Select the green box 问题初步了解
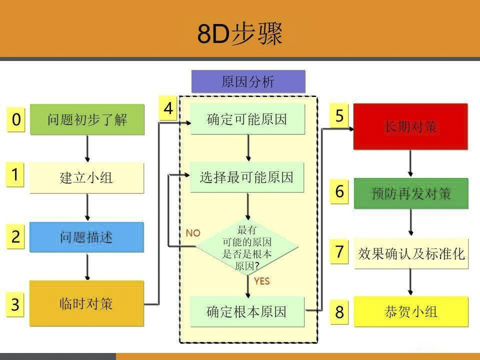click(x=87, y=120)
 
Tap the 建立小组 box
click(x=86, y=178)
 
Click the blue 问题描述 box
click(x=86, y=237)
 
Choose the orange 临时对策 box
click(x=86, y=303)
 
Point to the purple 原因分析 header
click(x=248, y=81)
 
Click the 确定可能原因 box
click(x=247, y=119)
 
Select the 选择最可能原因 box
click(x=247, y=177)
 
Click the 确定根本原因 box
click(x=247, y=311)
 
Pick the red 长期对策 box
click(x=410, y=126)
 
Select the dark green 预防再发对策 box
click(x=411, y=193)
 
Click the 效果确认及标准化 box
click(x=411, y=253)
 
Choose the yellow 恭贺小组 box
click(x=411, y=312)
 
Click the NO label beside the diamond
click(x=193, y=233)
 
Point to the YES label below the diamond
click(x=261, y=281)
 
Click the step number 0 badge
click(x=16, y=120)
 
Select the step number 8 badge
click(x=339, y=312)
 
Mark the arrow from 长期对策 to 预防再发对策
click(x=410, y=163)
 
